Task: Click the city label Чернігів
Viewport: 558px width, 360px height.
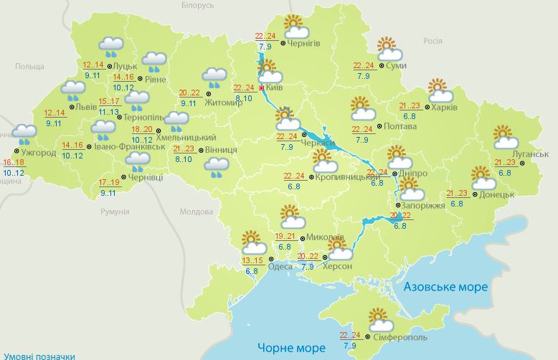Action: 303,44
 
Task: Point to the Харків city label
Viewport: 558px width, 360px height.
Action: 446,108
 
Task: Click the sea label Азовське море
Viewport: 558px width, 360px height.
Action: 445,287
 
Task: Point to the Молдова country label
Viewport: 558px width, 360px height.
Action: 197,212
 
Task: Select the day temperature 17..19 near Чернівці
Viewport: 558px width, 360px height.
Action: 109,182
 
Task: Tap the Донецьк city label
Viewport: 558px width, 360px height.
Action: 496,194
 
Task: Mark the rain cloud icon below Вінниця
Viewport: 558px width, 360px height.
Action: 216,166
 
